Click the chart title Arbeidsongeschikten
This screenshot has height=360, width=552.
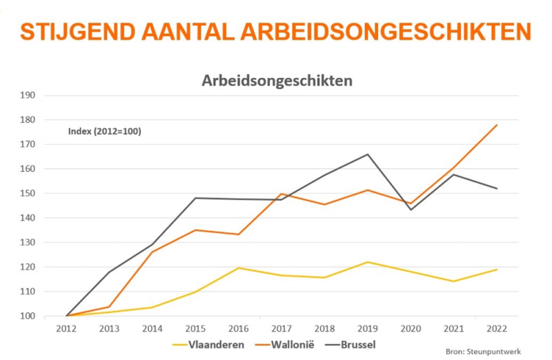pos(277,81)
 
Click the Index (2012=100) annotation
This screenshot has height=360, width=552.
pos(105,131)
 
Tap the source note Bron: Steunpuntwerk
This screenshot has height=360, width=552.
pos(483,352)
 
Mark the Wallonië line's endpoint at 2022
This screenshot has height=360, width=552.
pos(497,125)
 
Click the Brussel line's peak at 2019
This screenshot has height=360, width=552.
pos(368,154)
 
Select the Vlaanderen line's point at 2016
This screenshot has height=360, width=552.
pos(238,268)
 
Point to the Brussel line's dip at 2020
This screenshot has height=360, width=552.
pos(411,210)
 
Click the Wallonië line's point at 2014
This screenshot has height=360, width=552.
pos(152,252)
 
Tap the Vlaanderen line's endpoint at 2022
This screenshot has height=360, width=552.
pos(497,269)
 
